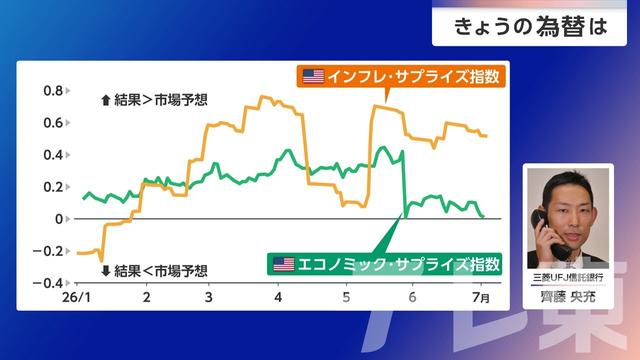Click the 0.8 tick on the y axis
[53, 91]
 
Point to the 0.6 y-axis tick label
[53, 123]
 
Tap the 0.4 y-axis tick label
[53, 155]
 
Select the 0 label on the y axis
[59, 219]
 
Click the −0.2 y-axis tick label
[48, 251]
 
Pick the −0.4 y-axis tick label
[48, 283]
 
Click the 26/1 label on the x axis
[76, 297]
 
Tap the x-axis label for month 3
[209, 297]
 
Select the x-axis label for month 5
[346, 297]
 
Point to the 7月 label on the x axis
[481, 297]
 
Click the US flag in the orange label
[313, 76]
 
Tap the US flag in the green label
[284, 264]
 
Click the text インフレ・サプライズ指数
[413, 76]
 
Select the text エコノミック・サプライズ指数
[399, 264]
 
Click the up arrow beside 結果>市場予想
[106, 100]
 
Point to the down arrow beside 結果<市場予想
[106, 271]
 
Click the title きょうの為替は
[530, 27]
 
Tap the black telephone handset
[549, 236]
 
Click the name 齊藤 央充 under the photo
[568, 296]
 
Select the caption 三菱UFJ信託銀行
[568, 278]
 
